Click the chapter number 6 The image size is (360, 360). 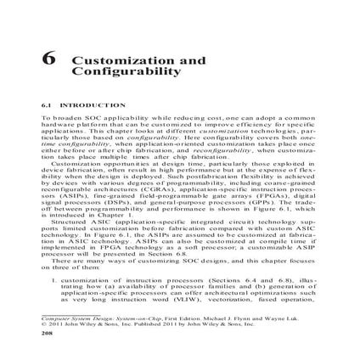[x=49, y=62]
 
